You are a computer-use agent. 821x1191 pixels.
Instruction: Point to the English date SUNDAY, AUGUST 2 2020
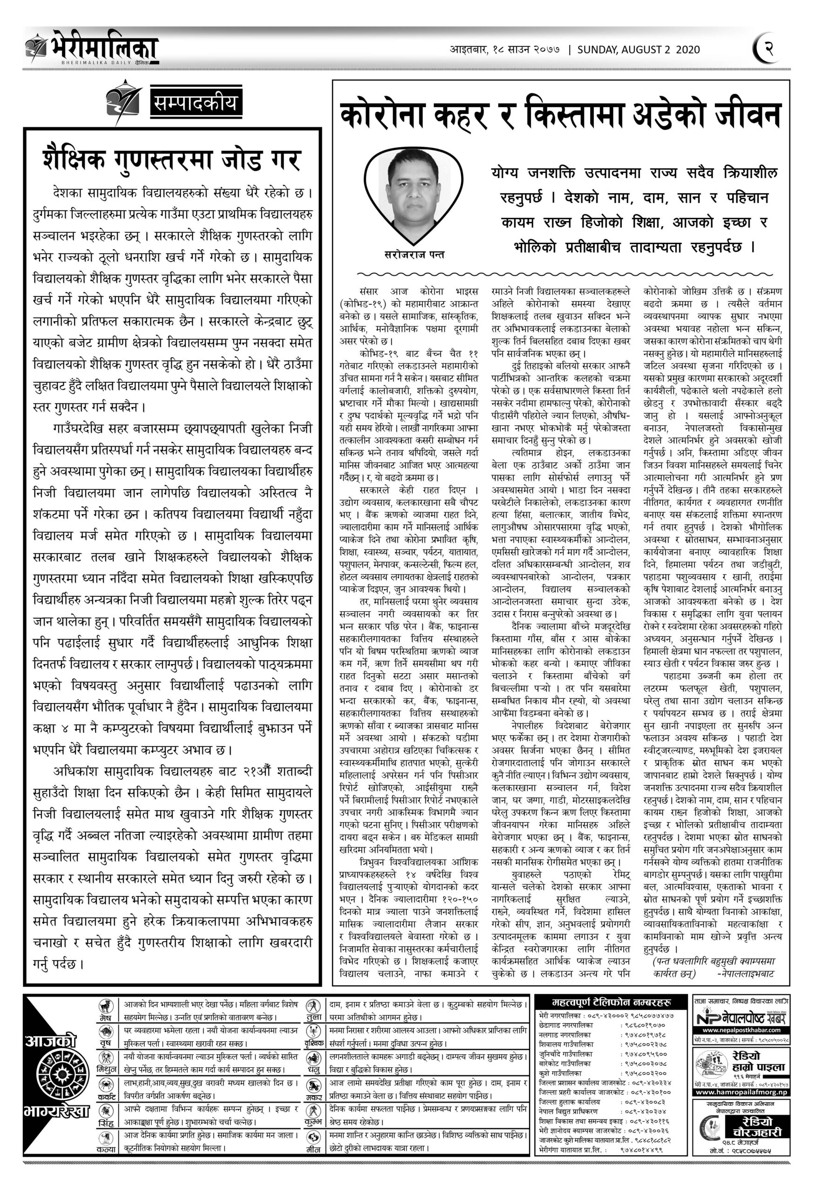point(639,50)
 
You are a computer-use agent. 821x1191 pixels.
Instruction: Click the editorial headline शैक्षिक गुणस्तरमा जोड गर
point(172,160)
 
